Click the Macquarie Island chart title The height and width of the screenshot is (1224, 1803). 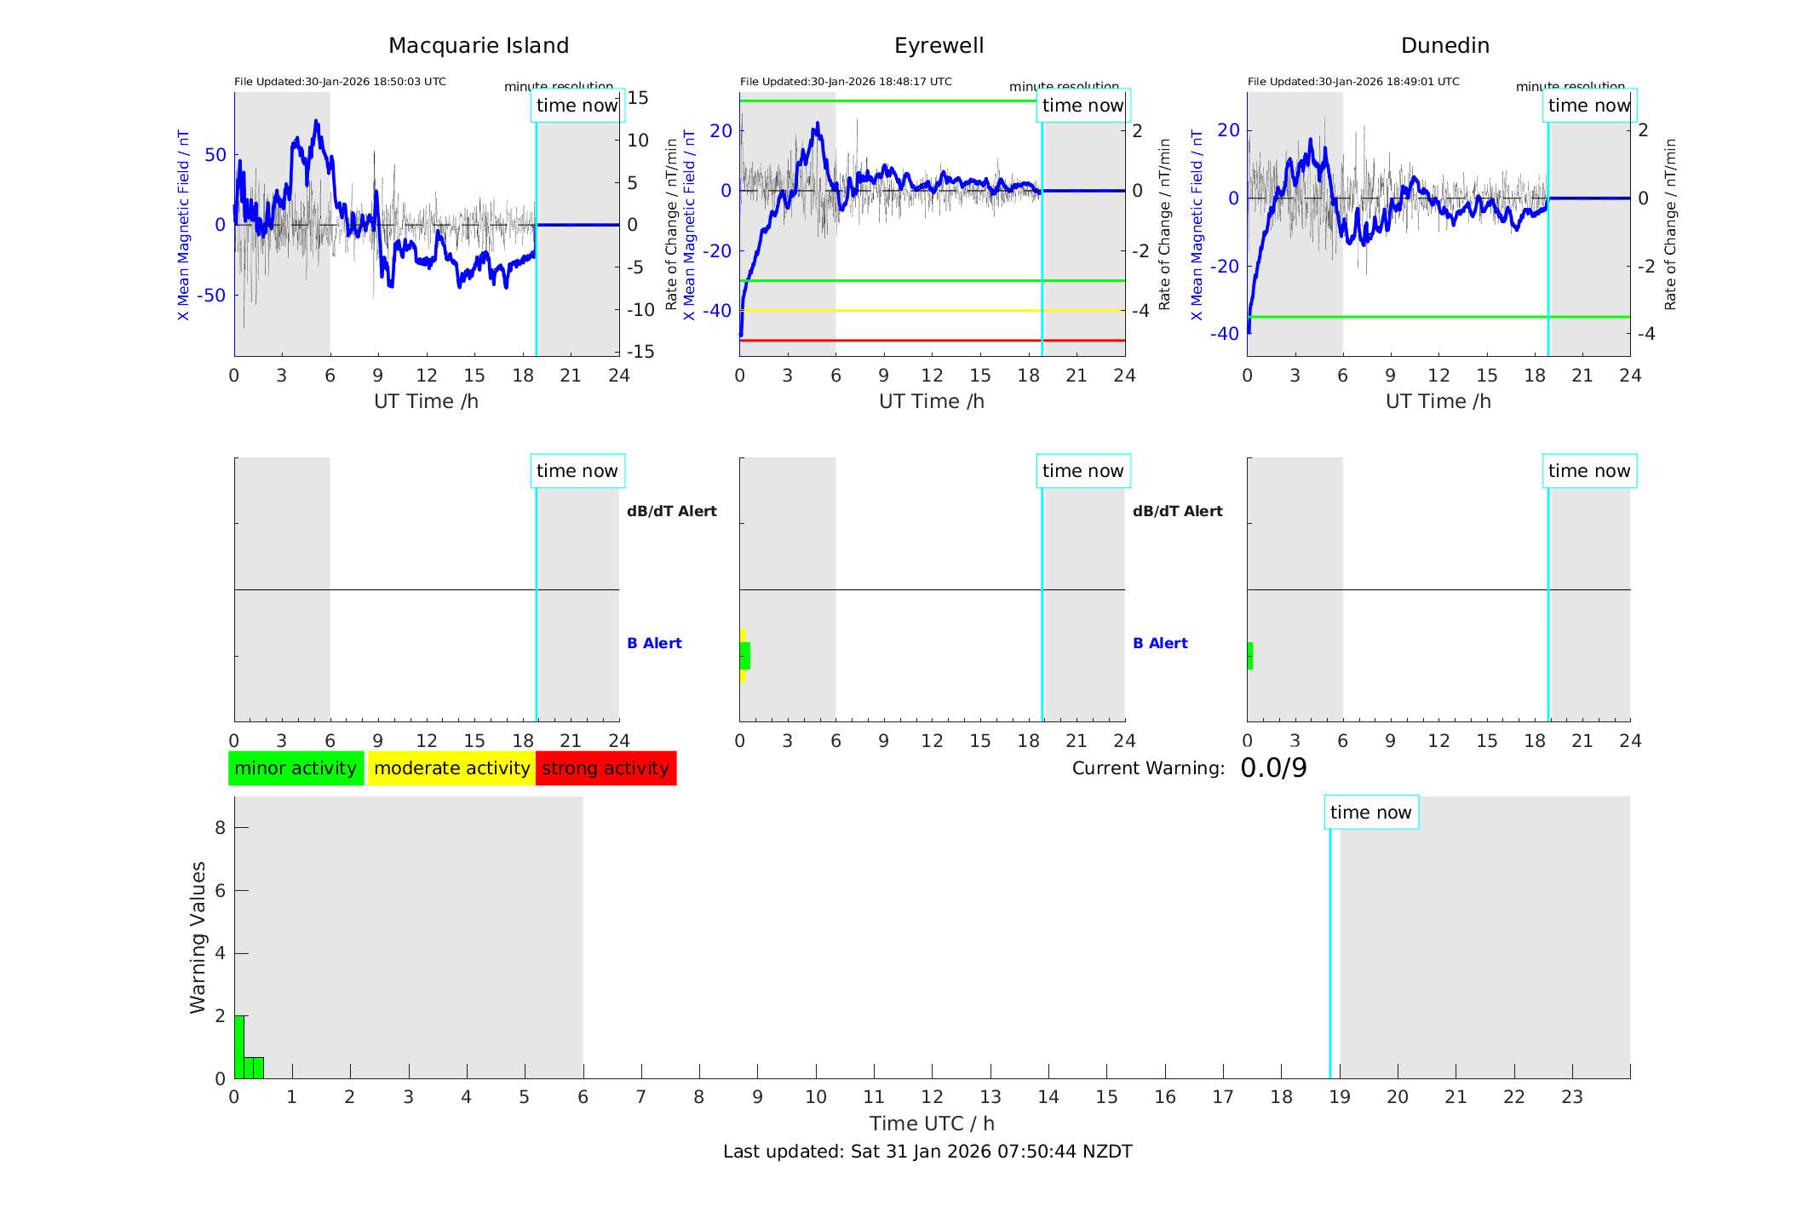(x=478, y=46)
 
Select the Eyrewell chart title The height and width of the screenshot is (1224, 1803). (x=939, y=46)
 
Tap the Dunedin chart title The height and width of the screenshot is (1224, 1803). (x=1444, y=46)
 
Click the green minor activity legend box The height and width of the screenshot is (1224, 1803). (x=296, y=768)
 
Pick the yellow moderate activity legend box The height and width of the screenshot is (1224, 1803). (x=451, y=768)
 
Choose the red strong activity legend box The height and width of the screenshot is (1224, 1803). (x=606, y=768)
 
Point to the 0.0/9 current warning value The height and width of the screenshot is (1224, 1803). (x=1273, y=768)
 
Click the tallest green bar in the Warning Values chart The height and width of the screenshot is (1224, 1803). (x=239, y=1047)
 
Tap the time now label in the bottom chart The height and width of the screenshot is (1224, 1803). (x=1370, y=813)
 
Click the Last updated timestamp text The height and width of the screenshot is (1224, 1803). (x=927, y=1152)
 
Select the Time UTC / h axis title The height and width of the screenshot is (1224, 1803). (x=932, y=1123)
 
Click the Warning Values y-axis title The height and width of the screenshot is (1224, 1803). (x=198, y=937)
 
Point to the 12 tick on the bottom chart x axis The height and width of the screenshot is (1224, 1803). (x=932, y=1097)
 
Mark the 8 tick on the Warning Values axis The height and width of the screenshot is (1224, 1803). (x=220, y=827)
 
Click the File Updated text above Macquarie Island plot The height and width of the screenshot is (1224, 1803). (x=340, y=82)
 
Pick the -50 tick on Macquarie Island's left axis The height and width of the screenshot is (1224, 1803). (x=212, y=296)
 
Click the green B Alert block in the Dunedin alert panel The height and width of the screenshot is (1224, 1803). (x=1250, y=656)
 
